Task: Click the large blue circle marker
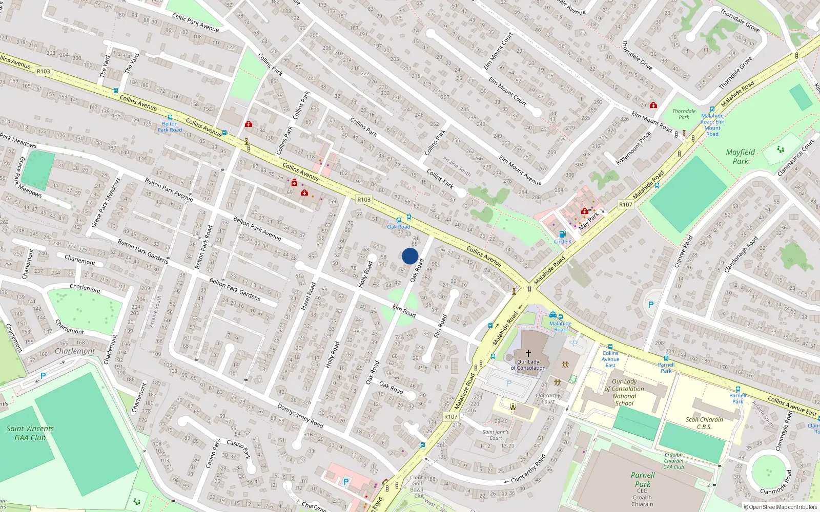[x=410, y=256]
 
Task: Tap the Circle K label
[x=563, y=242]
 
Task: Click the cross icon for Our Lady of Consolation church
[x=528, y=353]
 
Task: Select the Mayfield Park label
[x=740, y=156]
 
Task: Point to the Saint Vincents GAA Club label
[x=30, y=433]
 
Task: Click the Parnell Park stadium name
[x=643, y=479]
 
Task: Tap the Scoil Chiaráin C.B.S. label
[x=704, y=423]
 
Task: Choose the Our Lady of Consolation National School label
[x=624, y=392]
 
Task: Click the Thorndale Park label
[x=684, y=114]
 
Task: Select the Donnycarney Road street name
[x=300, y=416]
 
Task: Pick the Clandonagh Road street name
[x=741, y=254]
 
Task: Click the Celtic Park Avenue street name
[x=195, y=23]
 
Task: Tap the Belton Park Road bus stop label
[x=170, y=127]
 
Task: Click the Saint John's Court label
[x=496, y=435]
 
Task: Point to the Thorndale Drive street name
[x=637, y=55]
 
